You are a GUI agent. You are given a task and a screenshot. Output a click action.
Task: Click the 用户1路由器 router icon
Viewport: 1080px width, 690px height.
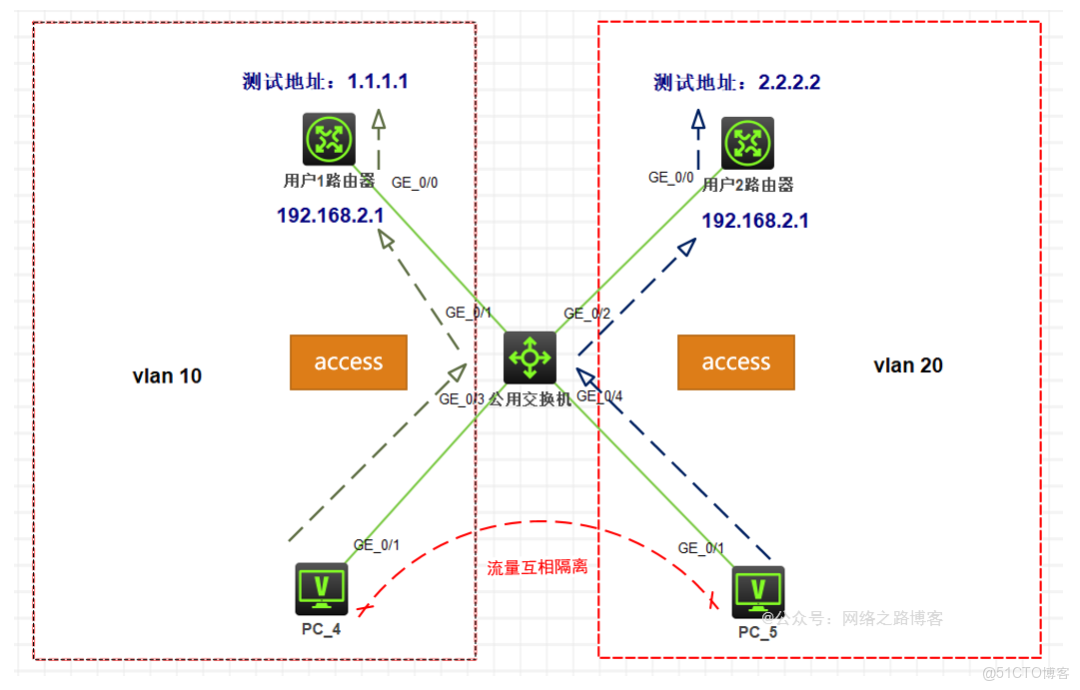point(329,140)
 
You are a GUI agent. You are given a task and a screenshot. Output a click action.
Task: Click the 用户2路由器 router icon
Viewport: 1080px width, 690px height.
point(747,143)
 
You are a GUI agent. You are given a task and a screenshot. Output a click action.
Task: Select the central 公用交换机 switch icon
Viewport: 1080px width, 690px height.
point(530,357)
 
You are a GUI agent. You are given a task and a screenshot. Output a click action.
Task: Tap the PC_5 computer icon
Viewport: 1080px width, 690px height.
point(757,592)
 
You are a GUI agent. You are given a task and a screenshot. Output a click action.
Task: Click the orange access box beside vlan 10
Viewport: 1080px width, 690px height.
point(348,362)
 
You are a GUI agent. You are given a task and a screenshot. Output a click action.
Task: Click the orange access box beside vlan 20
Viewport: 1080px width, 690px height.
point(736,362)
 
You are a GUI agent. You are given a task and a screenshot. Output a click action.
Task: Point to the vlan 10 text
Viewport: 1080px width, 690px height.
point(167,376)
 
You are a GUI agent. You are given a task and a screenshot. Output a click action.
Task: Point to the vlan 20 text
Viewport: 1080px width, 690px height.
point(908,366)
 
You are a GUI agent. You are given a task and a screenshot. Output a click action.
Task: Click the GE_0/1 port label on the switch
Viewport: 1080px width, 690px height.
point(469,313)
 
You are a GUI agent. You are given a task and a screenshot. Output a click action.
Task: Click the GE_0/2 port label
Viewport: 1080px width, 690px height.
point(587,314)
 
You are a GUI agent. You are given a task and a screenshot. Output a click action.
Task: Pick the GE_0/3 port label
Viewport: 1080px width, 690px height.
point(462,399)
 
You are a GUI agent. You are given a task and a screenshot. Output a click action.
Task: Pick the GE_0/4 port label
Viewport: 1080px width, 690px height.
point(600,396)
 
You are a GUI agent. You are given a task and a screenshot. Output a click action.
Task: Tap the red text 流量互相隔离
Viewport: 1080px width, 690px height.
point(537,567)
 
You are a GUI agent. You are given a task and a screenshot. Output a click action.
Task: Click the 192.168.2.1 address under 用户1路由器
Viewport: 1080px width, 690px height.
point(330,214)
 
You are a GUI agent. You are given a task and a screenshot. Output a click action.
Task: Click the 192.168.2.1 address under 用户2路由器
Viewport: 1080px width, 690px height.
point(755,221)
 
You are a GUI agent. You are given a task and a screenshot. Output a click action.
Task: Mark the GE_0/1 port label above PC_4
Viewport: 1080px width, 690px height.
point(377,545)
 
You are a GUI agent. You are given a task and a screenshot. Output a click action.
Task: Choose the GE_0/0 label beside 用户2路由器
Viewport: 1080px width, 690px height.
point(671,178)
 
